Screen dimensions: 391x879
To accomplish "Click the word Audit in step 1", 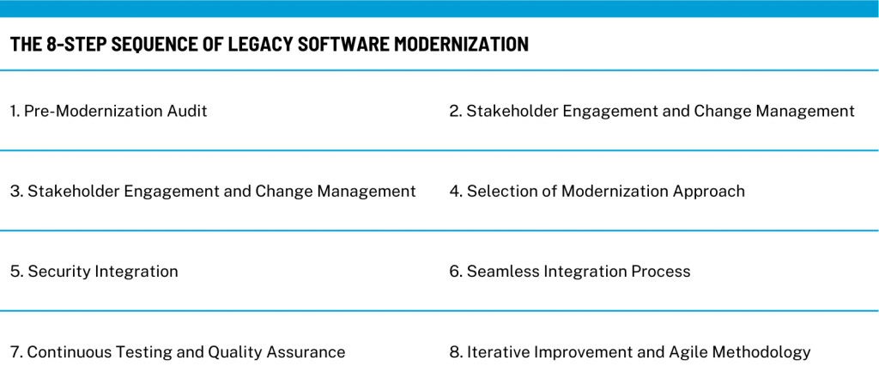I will [188, 112].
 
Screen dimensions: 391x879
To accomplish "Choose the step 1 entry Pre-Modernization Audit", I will [109, 112].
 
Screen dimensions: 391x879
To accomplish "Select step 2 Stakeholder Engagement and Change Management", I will [652, 112].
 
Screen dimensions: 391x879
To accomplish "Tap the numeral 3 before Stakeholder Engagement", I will [15, 192].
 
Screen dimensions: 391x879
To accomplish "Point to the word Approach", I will [708, 192].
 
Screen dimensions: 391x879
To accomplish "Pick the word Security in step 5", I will [59, 272].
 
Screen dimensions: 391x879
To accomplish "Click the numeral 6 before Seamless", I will [455, 272].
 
